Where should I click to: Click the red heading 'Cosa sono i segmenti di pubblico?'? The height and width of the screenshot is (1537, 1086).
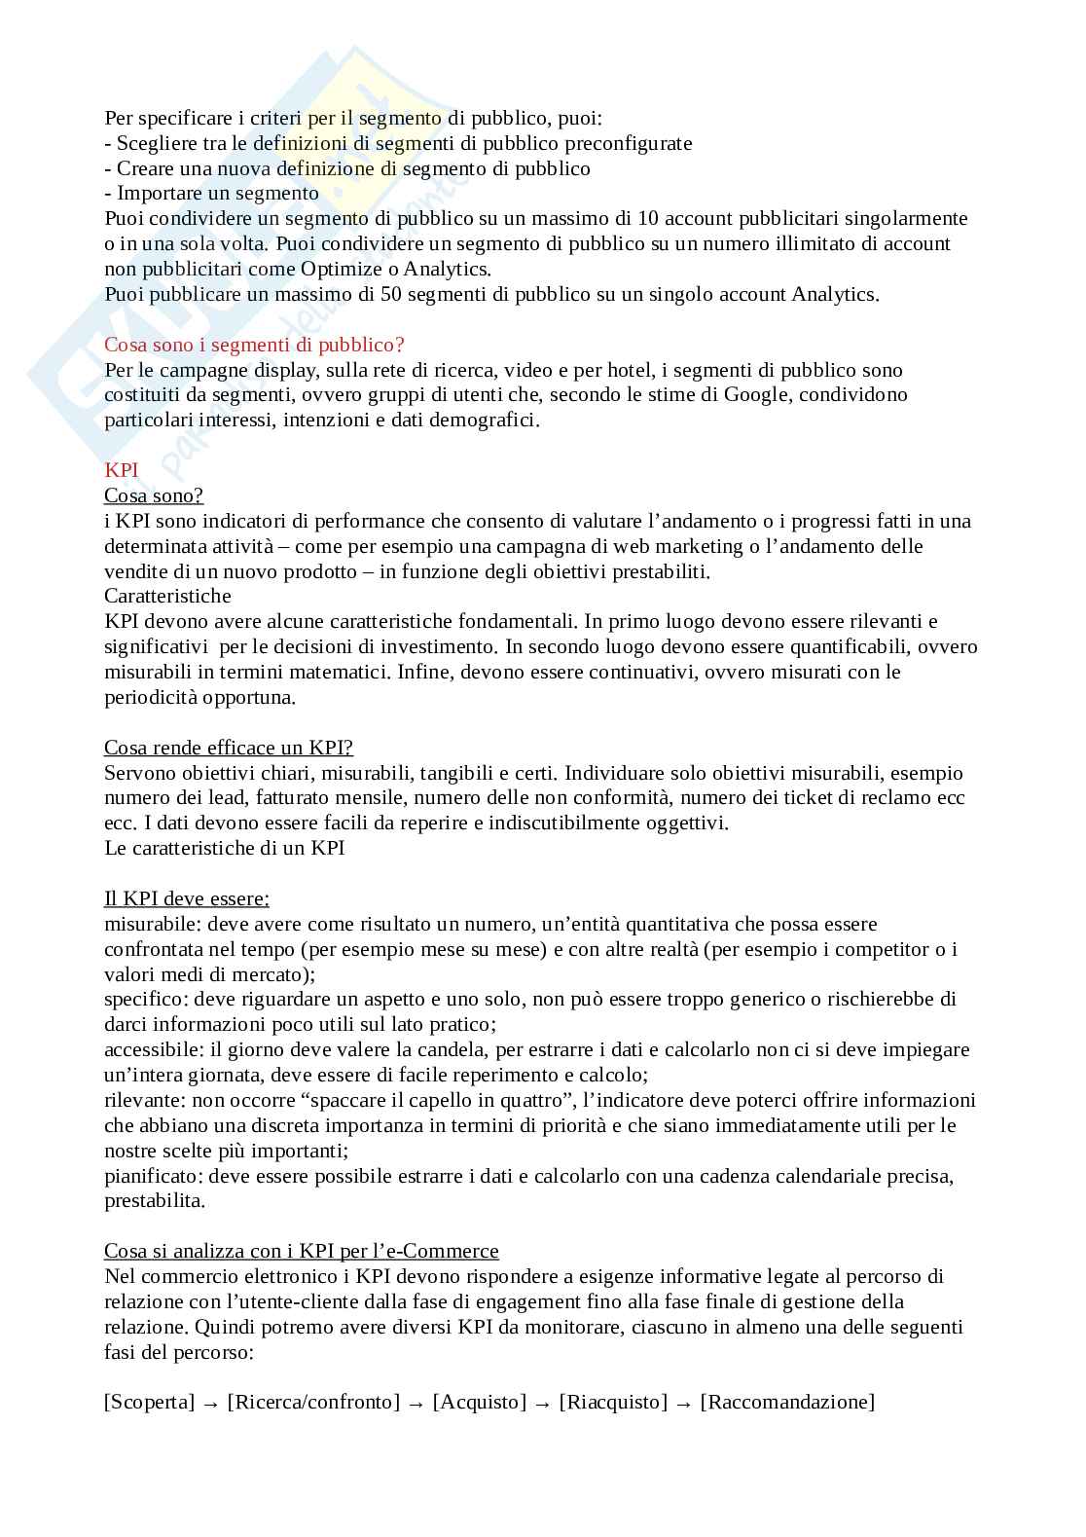coord(254,345)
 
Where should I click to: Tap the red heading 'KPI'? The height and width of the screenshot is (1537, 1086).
coord(122,470)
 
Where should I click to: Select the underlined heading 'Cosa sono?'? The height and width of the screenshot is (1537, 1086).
coord(154,495)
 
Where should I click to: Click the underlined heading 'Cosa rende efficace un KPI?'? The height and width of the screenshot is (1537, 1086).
coord(229,748)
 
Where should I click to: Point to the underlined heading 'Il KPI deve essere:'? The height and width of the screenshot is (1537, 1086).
coord(187,898)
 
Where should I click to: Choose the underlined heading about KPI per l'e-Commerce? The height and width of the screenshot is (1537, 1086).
coord(302,1251)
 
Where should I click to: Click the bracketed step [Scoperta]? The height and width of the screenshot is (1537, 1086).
coord(150,1403)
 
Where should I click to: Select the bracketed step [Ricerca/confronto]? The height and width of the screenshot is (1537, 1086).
coord(313,1403)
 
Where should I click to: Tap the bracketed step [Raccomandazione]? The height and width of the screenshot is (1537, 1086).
coord(787,1403)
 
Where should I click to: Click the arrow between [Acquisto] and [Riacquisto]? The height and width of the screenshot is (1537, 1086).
coord(543,1404)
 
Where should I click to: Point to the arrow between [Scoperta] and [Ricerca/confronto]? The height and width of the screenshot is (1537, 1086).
coord(211,1404)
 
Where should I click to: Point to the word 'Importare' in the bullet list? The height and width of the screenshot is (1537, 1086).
coord(158,193)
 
